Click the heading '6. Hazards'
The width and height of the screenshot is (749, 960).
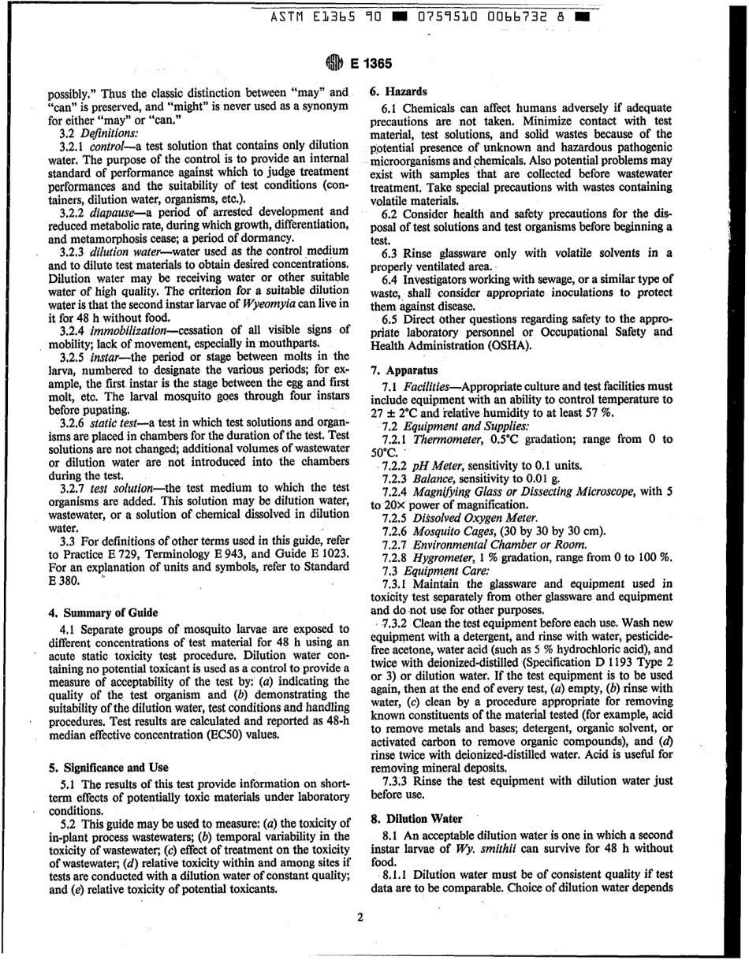point(399,91)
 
